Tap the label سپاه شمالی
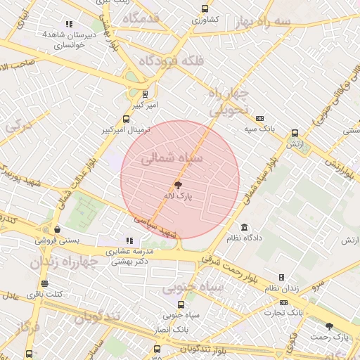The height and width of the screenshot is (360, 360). tap(172, 160)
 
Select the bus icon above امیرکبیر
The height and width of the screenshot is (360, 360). tap(145, 94)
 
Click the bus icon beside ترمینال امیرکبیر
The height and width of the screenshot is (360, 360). tap(126, 119)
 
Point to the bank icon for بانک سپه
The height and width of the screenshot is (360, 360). tap(260, 118)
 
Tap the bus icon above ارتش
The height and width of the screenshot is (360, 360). tap(294, 132)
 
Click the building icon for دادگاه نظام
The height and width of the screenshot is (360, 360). tap(244, 227)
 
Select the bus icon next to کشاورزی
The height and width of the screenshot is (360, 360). tap(204, 9)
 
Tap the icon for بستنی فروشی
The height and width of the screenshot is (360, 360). tap(56, 229)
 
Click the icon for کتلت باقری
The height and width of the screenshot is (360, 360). tap(45, 284)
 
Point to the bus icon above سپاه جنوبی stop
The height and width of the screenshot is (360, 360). tap(181, 304)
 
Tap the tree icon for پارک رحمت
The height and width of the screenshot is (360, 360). tap(330, 326)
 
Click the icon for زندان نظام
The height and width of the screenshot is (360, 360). tap(282, 278)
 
